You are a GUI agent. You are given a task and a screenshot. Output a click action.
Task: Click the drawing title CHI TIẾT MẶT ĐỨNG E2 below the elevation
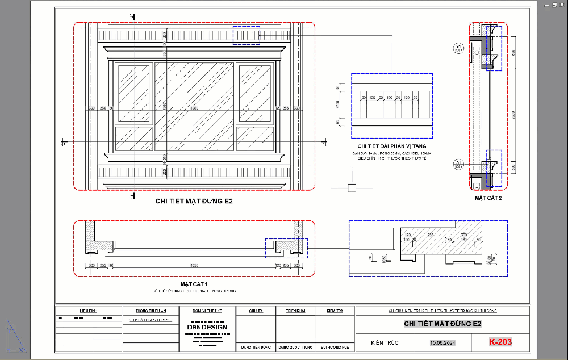tap(194, 201)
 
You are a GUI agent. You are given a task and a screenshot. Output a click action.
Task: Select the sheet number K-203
tap(500, 342)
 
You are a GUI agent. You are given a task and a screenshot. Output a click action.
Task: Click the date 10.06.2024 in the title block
tap(442, 342)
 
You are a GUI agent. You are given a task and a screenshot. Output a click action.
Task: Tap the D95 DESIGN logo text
tap(207, 327)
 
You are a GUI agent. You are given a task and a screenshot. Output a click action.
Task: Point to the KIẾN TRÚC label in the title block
tap(384, 342)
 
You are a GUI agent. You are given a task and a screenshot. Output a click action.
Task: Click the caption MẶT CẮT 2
tap(488, 198)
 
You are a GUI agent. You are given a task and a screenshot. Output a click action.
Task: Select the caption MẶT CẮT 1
tap(194, 284)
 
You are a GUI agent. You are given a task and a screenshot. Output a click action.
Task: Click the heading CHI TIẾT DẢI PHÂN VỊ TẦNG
tap(391, 146)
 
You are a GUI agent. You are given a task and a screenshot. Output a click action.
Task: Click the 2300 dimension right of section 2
tap(513, 114)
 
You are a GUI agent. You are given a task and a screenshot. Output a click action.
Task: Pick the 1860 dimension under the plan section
tap(194, 265)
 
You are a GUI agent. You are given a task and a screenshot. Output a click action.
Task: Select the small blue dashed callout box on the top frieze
tap(247, 35)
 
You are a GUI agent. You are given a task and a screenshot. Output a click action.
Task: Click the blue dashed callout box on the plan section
tap(287, 248)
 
